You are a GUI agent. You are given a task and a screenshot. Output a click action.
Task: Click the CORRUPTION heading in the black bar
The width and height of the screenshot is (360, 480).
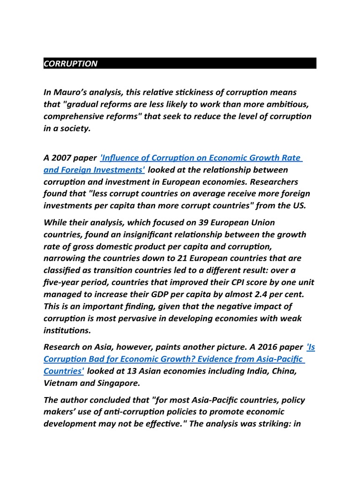(x=70, y=64)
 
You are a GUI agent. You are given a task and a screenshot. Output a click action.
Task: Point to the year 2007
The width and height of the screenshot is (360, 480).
(x=62, y=158)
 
